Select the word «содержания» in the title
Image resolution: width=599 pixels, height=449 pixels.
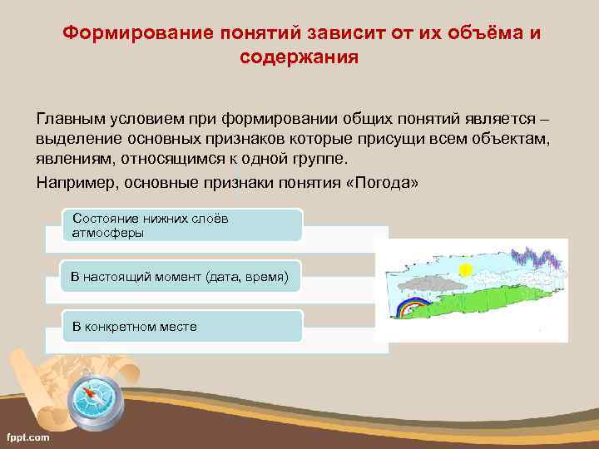pyautogui.click(x=299, y=57)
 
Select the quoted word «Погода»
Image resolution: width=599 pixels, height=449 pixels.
pyautogui.click(x=381, y=181)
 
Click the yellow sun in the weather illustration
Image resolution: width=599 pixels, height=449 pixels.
pyautogui.click(x=466, y=269)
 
